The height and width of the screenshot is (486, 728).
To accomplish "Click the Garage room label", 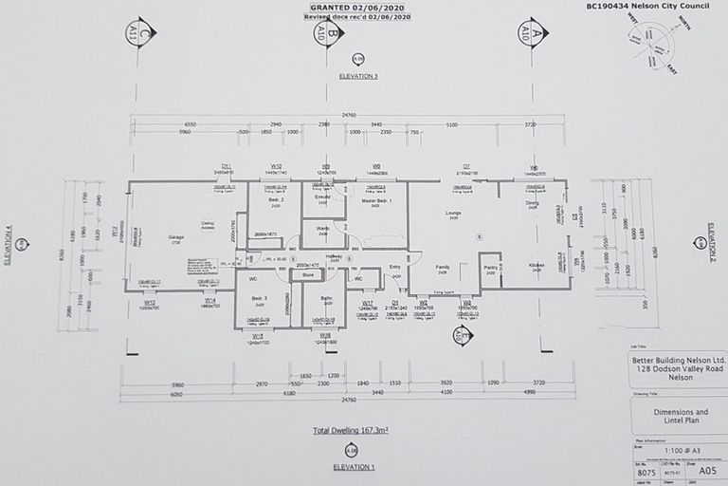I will (177, 237).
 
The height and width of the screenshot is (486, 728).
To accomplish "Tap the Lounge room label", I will (453, 214).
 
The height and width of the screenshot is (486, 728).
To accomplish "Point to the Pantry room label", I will (490, 268).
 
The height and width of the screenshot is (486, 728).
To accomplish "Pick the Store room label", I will (307, 275).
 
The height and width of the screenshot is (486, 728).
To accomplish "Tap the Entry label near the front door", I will (394, 268).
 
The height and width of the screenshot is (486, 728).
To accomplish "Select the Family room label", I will (443, 268).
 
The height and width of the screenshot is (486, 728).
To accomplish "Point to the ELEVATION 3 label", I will (358, 75).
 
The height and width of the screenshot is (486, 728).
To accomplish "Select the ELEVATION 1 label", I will (354, 468).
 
